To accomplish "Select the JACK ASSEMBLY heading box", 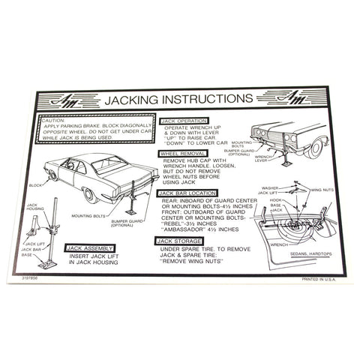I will [x=88, y=247].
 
